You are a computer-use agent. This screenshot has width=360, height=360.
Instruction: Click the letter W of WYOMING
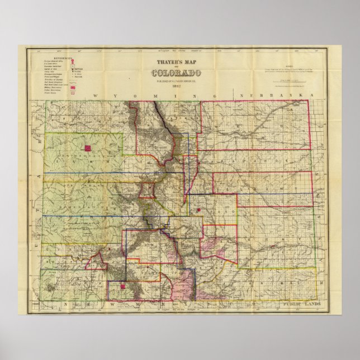[95, 97]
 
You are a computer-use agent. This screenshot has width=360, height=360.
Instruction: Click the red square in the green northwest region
[87, 148]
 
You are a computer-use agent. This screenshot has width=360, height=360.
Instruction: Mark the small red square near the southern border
[122, 287]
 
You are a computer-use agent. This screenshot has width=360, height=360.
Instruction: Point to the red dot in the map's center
[198, 210]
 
